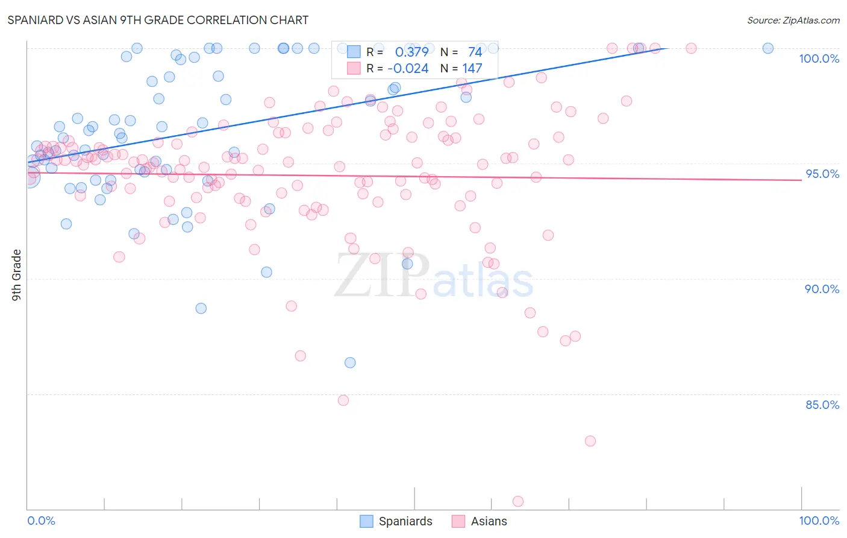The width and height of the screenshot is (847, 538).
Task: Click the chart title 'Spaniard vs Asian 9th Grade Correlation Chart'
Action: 158,20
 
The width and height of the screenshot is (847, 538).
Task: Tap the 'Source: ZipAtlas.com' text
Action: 793,20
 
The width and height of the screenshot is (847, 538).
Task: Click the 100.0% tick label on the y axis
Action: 819,59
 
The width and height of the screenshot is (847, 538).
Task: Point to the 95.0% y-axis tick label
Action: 822,174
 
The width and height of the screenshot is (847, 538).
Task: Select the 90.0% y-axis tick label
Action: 822,289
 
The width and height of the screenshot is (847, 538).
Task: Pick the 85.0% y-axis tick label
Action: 822,405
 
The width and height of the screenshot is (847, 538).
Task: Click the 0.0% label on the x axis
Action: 41,521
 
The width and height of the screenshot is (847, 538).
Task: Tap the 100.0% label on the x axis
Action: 819,521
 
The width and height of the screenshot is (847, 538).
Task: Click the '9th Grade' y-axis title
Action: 17,275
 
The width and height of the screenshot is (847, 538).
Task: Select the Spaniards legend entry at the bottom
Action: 396,521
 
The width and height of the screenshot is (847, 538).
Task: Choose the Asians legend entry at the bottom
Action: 480,521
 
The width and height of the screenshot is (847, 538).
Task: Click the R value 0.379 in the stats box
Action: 411,52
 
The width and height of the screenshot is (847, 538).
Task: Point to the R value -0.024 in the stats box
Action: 408,68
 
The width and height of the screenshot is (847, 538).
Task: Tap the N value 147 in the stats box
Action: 472,68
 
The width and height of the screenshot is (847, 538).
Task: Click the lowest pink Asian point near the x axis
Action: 517,501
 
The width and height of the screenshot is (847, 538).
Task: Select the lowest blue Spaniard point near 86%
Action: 350,362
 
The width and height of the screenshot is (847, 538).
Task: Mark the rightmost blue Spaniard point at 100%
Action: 767,48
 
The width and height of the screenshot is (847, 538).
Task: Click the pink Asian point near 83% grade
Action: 590,441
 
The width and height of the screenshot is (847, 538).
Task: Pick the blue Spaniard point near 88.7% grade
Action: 201,308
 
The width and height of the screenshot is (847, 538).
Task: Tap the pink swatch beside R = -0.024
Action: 354,68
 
